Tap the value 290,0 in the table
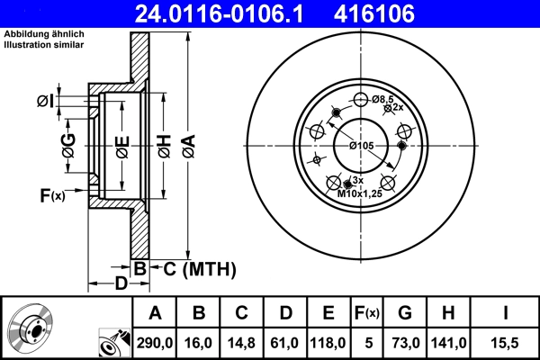[x=155, y=341]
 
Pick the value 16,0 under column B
[x=199, y=341]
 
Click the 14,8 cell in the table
[x=242, y=341]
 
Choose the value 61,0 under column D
[x=285, y=341]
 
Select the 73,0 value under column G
[x=405, y=341]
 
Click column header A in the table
[x=155, y=313]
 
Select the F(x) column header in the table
[x=367, y=313]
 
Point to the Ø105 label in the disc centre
[x=360, y=146]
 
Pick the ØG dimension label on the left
[x=68, y=144]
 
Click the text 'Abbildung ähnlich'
[x=44, y=33]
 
